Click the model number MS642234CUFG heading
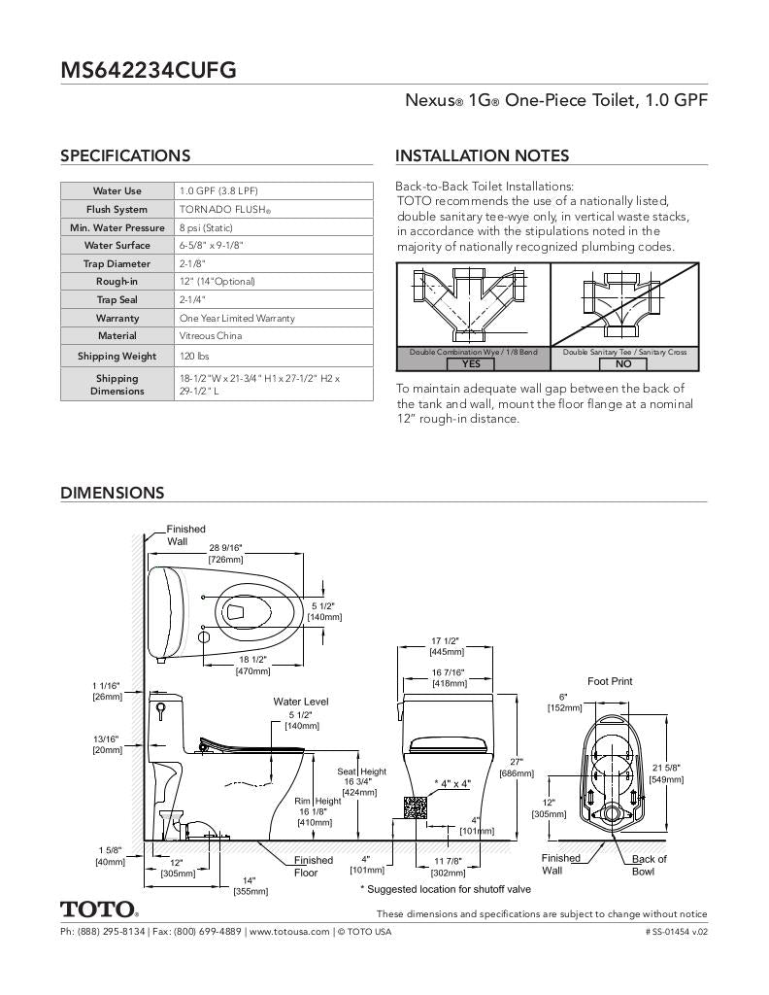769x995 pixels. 149,70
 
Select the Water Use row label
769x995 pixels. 117,191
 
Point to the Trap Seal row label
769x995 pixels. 117,300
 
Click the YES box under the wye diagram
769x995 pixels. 471,363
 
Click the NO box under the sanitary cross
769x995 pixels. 623,363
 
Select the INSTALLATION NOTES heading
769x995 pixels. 482,155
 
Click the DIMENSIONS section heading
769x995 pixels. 113,493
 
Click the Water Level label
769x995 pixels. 301,702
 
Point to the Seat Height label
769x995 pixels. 361,772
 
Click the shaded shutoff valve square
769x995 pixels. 416,806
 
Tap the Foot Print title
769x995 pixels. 610,681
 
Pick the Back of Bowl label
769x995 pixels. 649,865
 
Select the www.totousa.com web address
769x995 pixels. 289,932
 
